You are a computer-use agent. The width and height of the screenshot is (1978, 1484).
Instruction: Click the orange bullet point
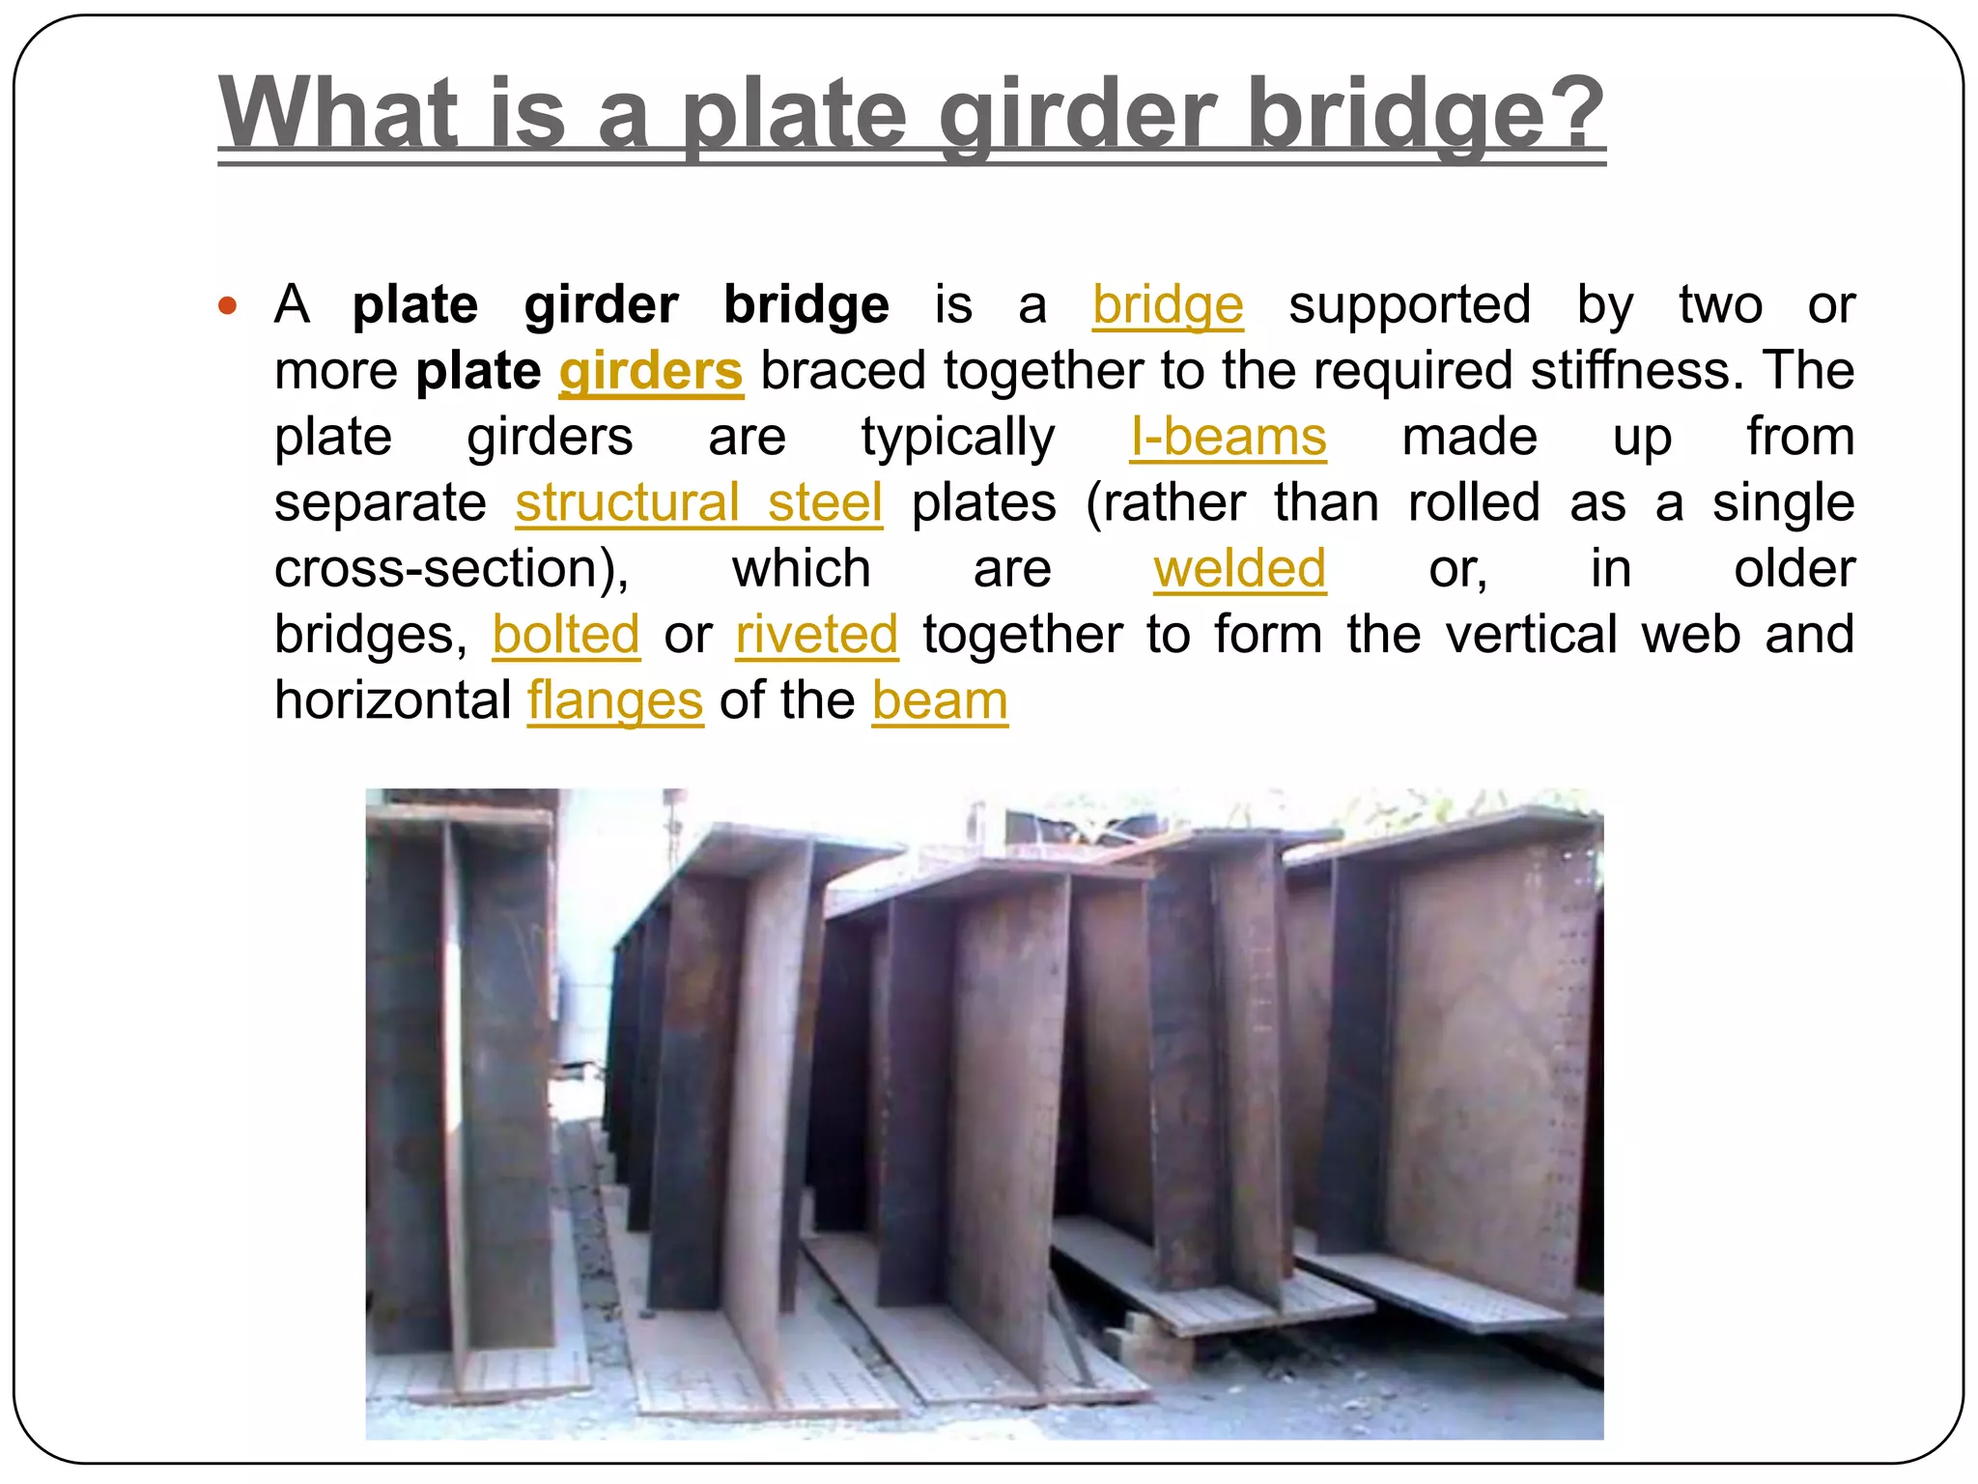point(228,306)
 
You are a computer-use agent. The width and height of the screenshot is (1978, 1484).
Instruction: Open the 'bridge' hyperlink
point(1168,306)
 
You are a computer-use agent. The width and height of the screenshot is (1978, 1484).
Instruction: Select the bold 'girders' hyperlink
point(651,372)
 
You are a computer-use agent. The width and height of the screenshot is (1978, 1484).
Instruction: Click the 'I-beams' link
point(1229,438)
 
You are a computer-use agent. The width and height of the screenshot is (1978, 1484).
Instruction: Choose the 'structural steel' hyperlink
point(698,503)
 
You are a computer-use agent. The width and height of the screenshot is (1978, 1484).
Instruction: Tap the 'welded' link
point(1239,569)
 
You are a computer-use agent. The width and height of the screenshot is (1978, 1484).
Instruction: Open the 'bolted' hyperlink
point(566,635)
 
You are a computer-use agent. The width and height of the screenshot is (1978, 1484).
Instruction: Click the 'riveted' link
point(816,635)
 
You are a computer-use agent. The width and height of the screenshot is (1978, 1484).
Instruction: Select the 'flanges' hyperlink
point(615,700)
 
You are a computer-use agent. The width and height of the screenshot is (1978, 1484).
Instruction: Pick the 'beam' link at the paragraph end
point(940,700)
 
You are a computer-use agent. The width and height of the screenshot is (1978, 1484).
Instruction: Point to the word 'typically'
point(958,438)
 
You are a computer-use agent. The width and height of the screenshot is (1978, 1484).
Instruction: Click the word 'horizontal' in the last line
point(392,700)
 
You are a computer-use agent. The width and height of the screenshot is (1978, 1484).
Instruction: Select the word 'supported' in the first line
point(1409,306)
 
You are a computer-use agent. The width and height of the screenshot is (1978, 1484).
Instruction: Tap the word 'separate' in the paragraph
point(381,503)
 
